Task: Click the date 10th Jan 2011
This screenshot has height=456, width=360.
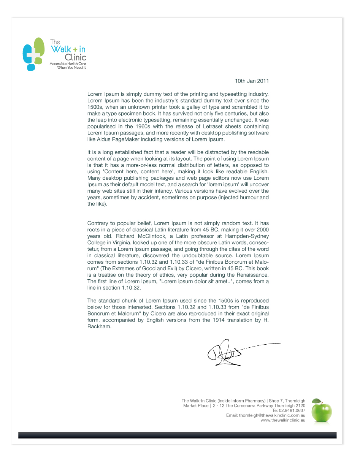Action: pyautogui.click(x=252, y=81)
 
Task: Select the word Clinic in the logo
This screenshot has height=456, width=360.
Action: pyautogui.click(x=75, y=57)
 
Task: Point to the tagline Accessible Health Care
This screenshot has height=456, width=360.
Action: pyautogui.click(x=68, y=64)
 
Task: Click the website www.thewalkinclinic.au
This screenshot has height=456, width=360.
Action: pyautogui.click(x=283, y=420)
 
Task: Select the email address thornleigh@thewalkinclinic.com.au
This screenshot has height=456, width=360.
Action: pyautogui.click(x=272, y=415)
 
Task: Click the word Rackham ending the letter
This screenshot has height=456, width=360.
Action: pyautogui.click(x=99, y=327)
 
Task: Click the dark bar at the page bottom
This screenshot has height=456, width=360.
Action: pyautogui.click(x=177, y=435)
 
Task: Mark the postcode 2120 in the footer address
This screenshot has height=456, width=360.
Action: pyautogui.click(x=300, y=405)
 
